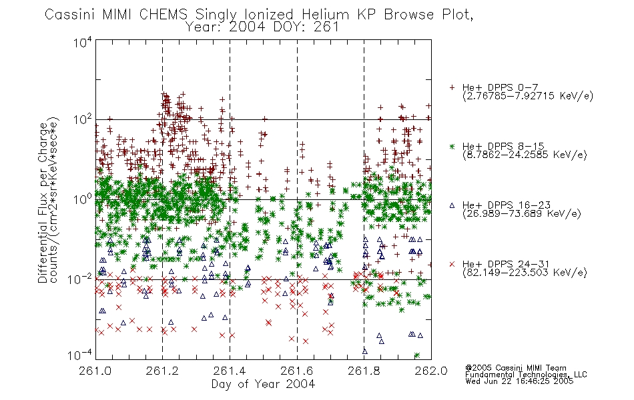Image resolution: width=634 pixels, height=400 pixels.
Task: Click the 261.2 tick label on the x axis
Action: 162,371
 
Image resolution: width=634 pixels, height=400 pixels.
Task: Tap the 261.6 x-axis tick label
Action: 297,371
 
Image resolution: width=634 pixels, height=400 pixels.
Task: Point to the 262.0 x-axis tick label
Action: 431,371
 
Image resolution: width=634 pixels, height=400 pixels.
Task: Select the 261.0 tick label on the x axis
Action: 95,371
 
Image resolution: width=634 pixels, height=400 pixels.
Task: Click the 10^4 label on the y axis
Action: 83,42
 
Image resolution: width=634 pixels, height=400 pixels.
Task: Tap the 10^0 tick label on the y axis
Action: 83,199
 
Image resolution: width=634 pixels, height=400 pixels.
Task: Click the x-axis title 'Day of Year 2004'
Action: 263,384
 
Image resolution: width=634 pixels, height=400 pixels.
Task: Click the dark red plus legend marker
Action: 452,87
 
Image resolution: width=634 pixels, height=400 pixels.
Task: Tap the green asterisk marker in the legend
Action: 452,146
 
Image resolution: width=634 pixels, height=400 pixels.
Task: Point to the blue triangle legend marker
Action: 452,205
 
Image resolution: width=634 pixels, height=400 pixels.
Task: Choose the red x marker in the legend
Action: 452,264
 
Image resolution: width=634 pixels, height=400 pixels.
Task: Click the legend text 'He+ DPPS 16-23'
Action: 507,205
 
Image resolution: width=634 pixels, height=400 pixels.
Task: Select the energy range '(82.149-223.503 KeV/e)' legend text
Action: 525,273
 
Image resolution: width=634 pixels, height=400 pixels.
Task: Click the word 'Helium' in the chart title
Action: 325,15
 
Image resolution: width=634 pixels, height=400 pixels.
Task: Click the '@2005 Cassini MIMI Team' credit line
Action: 515,368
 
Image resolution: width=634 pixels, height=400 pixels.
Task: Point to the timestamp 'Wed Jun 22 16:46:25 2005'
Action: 519,381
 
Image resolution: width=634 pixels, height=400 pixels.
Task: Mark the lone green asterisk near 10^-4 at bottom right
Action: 417,355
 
